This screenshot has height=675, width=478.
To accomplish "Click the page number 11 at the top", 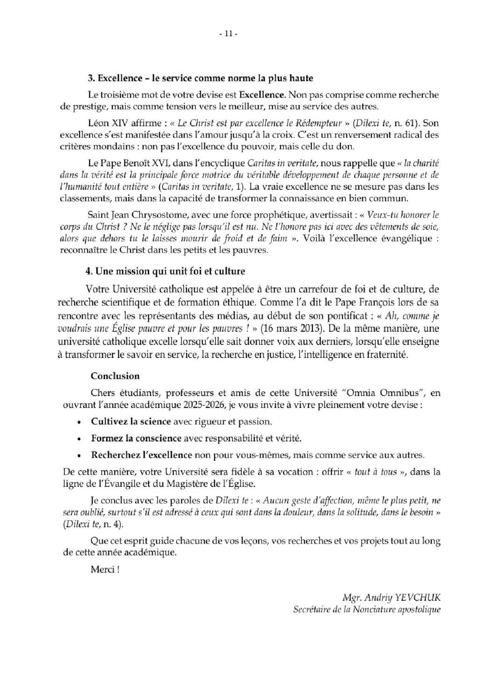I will tap(228, 34).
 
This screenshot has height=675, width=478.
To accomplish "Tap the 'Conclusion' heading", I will tap(115, 376).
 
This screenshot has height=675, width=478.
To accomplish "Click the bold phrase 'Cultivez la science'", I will tap(131, 422).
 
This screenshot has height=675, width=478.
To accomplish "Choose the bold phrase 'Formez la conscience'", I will tap(136, 439).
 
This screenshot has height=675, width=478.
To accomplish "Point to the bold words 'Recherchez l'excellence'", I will tap(141, 455).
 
